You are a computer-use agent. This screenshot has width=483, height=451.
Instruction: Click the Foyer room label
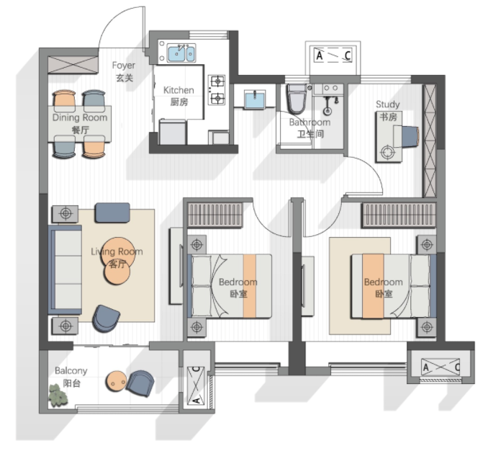pos(124,71)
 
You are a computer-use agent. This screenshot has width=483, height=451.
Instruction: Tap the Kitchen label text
pos(179,96)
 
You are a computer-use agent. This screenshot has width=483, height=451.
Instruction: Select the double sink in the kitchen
pos(181,53)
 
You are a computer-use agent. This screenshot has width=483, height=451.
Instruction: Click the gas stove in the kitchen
pos(217,90)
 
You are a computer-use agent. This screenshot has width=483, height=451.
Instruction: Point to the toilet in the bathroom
pos(297,99)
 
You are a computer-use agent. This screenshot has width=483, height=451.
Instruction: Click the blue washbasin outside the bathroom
pos(254,99)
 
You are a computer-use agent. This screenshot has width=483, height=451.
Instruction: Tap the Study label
pos(388,110)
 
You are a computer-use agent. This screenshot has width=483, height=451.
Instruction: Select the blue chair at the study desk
pos(410,135)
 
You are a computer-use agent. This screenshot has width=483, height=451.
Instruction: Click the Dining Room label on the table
pos(80,123)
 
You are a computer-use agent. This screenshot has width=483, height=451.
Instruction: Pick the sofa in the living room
pos(65,270)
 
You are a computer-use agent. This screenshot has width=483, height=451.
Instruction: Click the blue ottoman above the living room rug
pos(112,213)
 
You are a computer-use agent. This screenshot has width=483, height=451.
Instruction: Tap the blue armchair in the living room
pos(106,318)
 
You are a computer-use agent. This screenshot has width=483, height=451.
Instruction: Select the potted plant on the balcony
pos(58,395)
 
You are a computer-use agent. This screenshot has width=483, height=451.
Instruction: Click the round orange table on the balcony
pos(116,381)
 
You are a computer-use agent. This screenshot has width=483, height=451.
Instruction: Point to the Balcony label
pos(71,377)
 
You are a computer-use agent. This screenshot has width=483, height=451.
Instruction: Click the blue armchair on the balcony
pos(140,383)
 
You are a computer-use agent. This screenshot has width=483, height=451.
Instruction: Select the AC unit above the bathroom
pos(333,55)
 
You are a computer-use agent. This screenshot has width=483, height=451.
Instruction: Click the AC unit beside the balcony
pos(196,385)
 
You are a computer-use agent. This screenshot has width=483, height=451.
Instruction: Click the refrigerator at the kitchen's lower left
pos(173,133)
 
